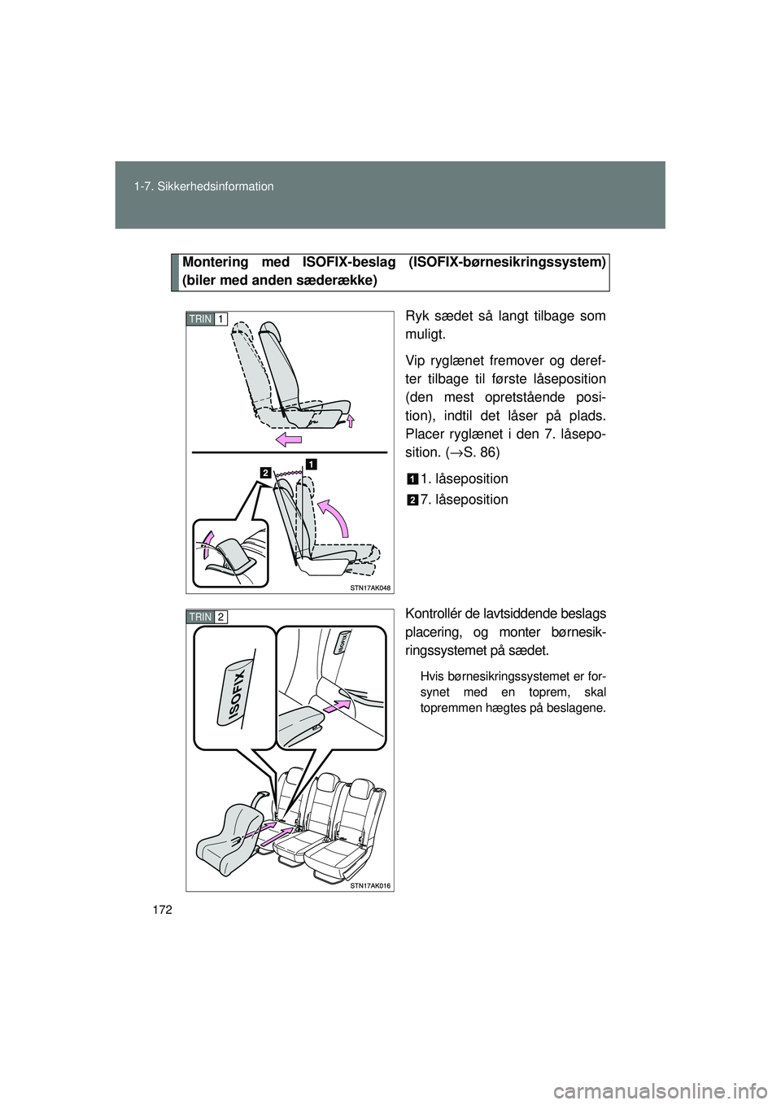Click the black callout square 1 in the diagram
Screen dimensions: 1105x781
click(310, 463)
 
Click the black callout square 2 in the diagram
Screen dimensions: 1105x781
click(265, 472)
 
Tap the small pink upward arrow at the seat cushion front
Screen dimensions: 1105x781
click(351, 420)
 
